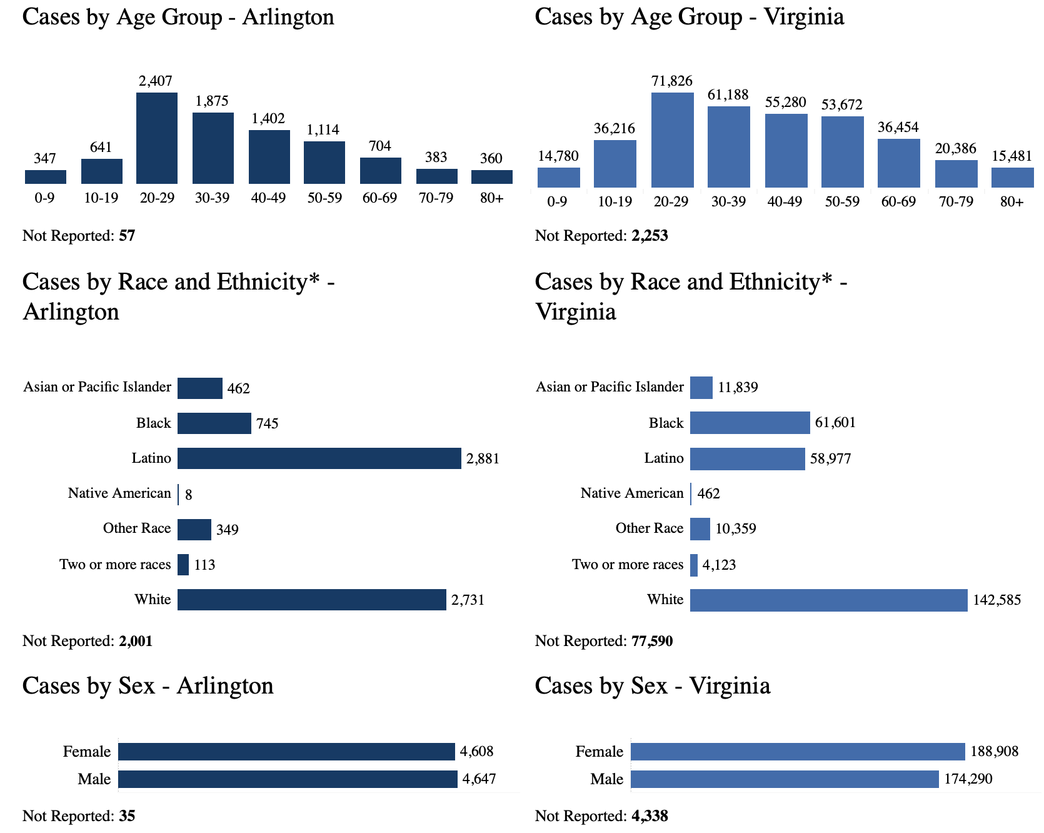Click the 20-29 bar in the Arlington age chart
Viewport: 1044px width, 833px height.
point(156,138)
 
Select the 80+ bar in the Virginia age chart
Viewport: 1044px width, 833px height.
point(1012,178)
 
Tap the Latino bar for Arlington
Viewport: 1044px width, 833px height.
point(319,458)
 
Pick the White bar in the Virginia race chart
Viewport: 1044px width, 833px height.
point(828,600)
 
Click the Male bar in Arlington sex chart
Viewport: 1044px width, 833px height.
point(288,779)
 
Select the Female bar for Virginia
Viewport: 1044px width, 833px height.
point(798,752)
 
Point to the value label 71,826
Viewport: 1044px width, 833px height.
point(671,81)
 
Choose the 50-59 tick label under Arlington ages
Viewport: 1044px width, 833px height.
point(324,198)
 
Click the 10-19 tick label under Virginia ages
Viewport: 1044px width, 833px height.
point(615,202)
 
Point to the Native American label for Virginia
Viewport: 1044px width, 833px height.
point(631,493)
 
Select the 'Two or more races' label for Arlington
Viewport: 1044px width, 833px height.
point(115,565)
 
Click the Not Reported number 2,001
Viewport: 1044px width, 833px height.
point(136,641)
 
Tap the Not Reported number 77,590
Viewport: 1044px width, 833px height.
point(650,641)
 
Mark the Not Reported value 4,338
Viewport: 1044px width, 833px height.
point(649,816)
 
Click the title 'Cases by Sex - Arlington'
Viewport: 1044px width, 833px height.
point(148,686)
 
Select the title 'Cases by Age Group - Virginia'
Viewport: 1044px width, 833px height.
point(689,17)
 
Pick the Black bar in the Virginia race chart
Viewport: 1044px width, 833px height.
point(750,423)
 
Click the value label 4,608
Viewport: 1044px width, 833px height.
point(476,752)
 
